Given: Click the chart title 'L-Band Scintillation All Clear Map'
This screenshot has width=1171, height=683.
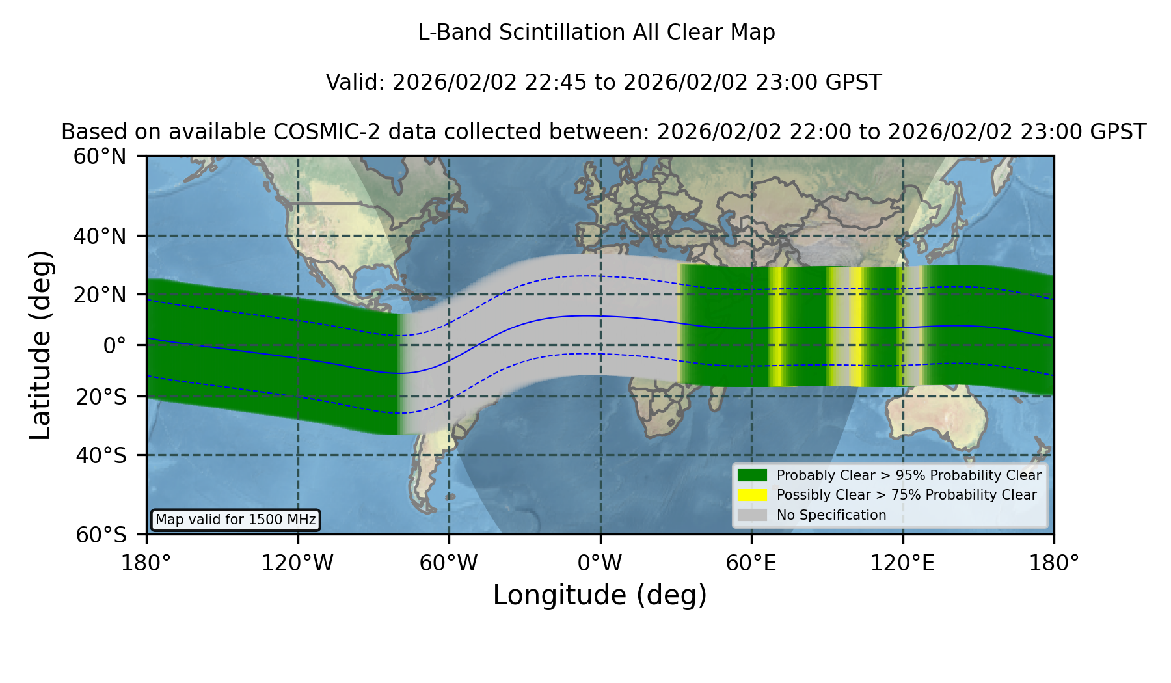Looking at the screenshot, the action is (x=596, y=33).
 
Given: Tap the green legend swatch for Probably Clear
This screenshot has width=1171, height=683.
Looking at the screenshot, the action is (x=752, y=475).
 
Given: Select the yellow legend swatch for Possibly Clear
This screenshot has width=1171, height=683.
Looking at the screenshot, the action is (x=752, y=495).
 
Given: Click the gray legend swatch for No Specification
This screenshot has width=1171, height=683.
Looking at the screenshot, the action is (x=752, y=515).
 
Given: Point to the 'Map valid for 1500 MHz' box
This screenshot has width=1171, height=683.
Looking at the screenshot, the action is (x=236, y=520).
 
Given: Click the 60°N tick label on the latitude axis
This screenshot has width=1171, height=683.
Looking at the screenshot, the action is (x=100, y=157).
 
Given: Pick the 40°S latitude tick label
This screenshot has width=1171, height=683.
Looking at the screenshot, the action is (x=101, y=455).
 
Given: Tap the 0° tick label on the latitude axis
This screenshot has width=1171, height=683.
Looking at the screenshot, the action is (x=114, y=345).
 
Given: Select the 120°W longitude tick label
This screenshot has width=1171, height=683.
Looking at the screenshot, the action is (x=297, y=563).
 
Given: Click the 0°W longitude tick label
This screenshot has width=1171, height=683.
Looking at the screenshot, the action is (x=600, y=563).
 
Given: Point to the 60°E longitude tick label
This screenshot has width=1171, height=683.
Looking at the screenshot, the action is (x=751, y=563).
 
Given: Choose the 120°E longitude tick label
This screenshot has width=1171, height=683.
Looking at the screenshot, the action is (x=902, y=563).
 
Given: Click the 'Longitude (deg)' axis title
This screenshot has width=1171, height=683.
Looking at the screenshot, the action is (x=600, y=595).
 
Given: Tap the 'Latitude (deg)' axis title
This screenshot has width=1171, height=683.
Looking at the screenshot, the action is (x=40, y=345).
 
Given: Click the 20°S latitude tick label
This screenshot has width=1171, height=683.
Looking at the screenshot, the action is (x=101, y=397).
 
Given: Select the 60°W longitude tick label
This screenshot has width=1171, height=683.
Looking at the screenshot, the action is (x=448, y=563).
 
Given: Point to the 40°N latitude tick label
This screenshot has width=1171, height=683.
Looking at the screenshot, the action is (x=100, y=236).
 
